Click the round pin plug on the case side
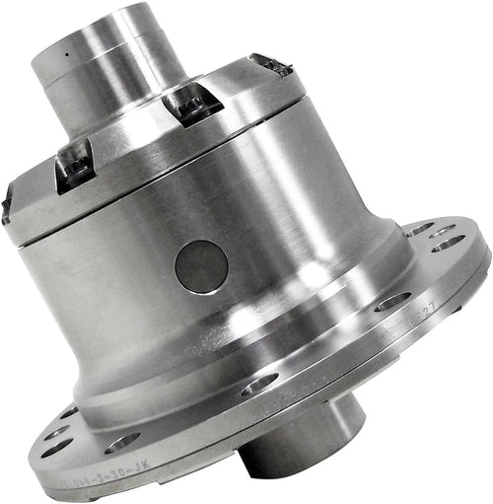coord(201,266)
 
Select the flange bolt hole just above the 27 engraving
coord(391,301)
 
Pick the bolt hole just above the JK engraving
coord(123,441)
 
